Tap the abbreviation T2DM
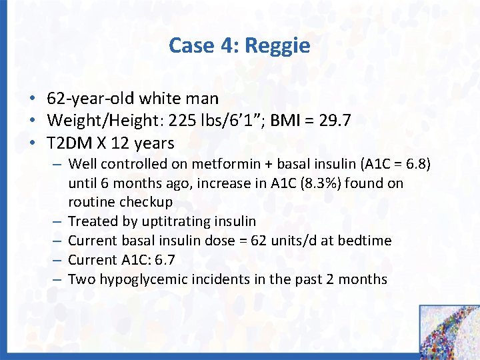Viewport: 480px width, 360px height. point(69,143)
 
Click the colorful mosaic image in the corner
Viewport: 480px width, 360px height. point(449,332)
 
